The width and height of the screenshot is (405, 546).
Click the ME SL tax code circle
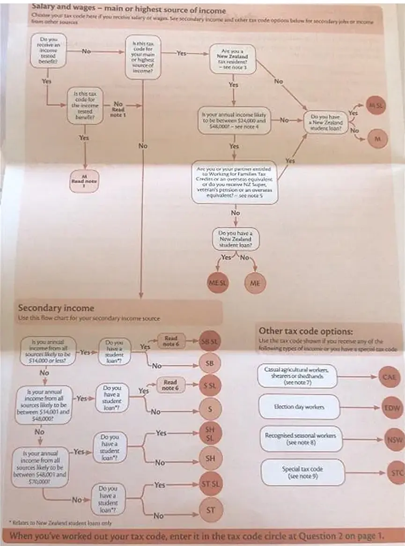[x=217, y=283]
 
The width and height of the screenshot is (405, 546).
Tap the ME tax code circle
[x=255, y=283]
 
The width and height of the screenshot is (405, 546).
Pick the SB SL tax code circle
[x=210, y=341]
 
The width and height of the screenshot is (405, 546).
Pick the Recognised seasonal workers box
[x=300, y=439]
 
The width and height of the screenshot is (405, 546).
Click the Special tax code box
[x=302, y=472]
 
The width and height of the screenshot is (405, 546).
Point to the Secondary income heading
[x=56, y=308]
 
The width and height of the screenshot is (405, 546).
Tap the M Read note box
[x=84, y=179]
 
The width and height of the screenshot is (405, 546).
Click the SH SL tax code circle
[x=210, y=434]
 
